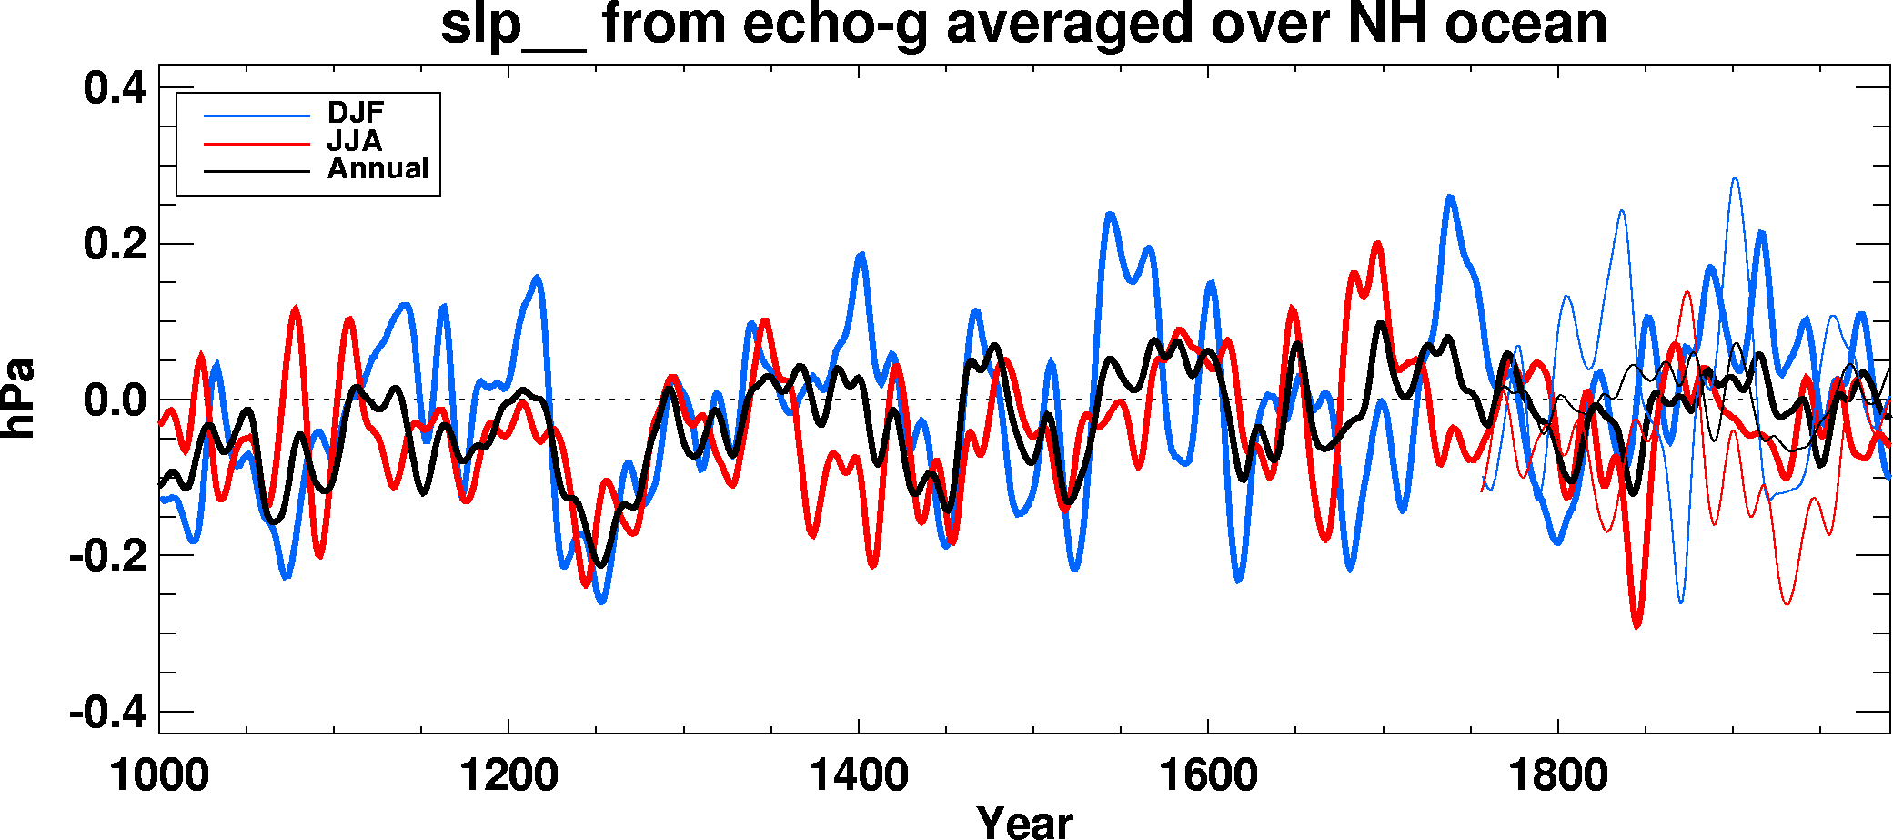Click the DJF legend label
pos(356,113)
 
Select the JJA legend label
pos(355,141)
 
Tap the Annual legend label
pos(378,168)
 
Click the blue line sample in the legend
pos(257,116)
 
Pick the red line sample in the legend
pos(257,144)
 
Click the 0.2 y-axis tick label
pos(115,244)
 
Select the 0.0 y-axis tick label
pos(115,400)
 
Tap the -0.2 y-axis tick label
pos(107,555)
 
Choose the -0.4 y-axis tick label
pos(107,712)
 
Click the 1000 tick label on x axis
pos(159,776)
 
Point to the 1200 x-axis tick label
pos(508,776)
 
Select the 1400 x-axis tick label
pos(858,776)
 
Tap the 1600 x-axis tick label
pos(1208,776)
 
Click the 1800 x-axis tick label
pos(1557,776)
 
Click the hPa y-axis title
pos(18,399)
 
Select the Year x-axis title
pos(1024,822)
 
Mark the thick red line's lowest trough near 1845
pos(1637,626)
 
